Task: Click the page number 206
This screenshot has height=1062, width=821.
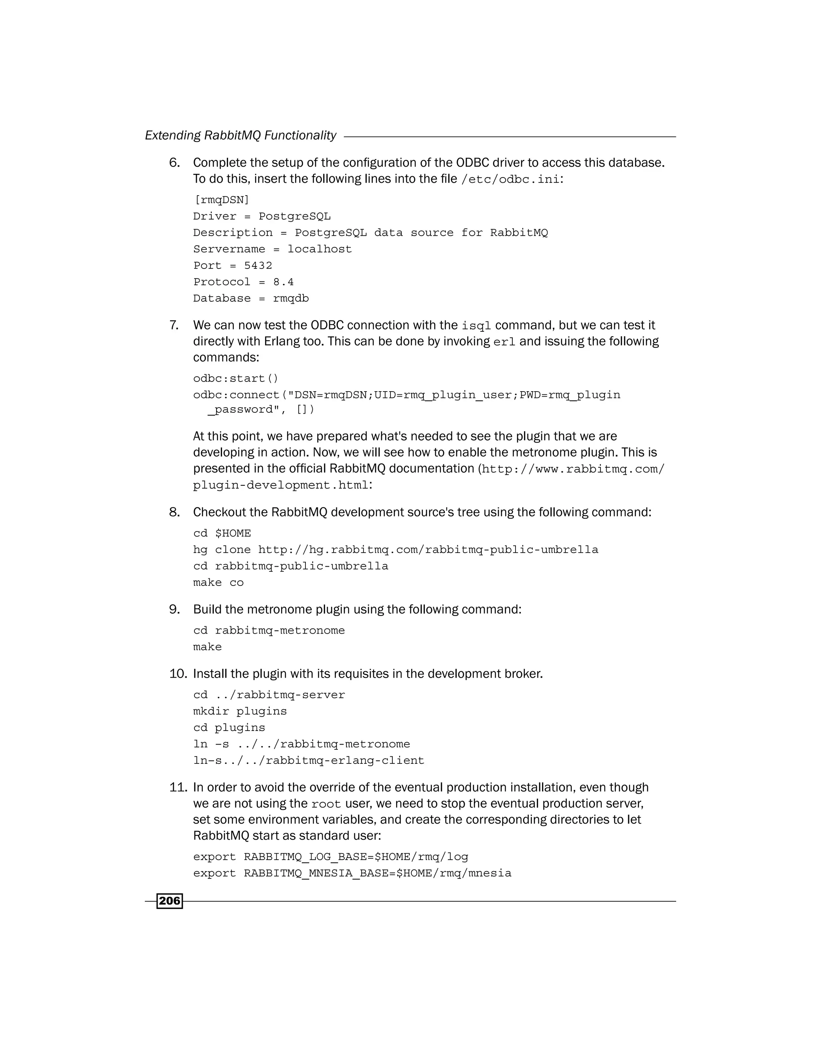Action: pos(169,901)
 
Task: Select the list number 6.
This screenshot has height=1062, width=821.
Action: pos(174,163)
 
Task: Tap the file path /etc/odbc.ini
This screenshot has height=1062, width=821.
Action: pos(510,180)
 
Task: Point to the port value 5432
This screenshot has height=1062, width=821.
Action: pos(258,265)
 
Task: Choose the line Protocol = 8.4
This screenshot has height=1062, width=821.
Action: pos(243,282)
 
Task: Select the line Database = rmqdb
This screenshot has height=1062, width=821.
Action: pos(251,299)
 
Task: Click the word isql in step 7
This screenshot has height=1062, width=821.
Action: pos(476,326)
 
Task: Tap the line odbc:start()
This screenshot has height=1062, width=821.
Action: pos(235,378)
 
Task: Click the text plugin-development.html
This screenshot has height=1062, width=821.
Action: pos(281,485)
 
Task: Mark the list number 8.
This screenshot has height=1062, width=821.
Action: pos(174,513)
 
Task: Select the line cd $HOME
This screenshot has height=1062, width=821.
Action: pos(222,533)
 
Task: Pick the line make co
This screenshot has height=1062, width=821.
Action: pos(218,583)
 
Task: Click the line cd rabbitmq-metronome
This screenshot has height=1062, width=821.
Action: pos(269,631)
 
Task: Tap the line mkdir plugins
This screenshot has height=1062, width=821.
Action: pos(240,711)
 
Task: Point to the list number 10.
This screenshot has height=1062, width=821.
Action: pos(178,674)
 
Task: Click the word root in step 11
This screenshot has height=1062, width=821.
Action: pos(326,804)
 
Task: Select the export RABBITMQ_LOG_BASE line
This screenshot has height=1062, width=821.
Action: pos(330,857)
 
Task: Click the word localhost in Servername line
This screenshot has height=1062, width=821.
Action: pos(319,249)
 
